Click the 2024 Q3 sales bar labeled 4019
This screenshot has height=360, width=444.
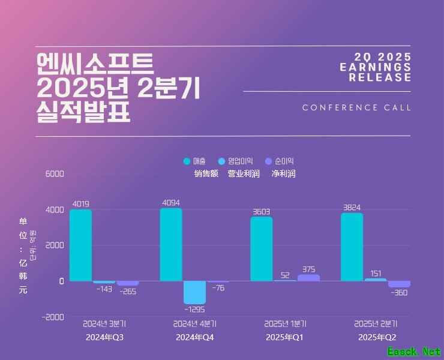(80, 245)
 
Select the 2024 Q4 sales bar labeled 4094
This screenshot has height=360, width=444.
(171, 244)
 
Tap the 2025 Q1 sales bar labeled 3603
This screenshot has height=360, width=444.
(261, 248)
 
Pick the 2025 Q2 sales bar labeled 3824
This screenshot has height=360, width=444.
(352, 247)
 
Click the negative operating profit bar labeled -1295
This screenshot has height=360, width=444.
(194, 292)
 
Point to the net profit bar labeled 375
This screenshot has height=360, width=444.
(308, 277)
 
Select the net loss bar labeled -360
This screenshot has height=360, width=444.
(399, 284)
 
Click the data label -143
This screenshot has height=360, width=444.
(104, 289)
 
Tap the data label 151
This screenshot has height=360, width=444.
(376, 274)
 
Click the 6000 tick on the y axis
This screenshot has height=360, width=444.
(54, 174)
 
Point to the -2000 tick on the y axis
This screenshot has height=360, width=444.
(52, 317)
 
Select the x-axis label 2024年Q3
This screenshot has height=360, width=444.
(104, 338)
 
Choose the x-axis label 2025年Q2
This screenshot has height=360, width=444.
(377, 338)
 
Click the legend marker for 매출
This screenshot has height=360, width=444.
(187, 161)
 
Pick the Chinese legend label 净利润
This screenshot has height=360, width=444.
(283, 174)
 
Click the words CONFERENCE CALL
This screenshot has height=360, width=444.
(357, 108)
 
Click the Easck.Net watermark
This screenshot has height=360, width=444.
(414, 352)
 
